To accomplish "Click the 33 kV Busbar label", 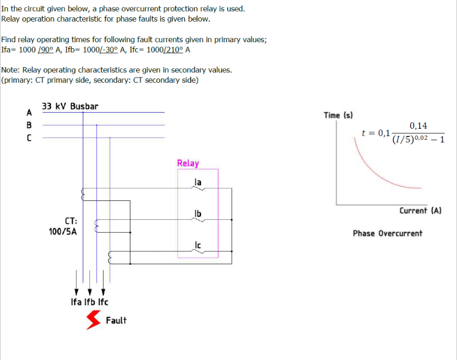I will (x=70, y=107).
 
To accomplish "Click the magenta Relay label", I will (x=188, y=163).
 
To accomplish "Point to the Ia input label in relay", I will (x=198, y=182).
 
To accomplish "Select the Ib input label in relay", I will (x=198, y=214).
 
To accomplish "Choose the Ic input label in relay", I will (x=198, y=245).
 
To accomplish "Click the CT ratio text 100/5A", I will (x=63, y=231).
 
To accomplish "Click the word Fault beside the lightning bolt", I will (x=116, y=320).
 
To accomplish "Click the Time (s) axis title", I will (x=338, y=115).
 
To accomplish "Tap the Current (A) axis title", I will (x=420, y=211).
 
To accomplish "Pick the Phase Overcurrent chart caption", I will (x=387, y=233).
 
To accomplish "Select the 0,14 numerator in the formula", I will (x=418, y=126).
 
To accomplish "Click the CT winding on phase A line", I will (x=83, y=193).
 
